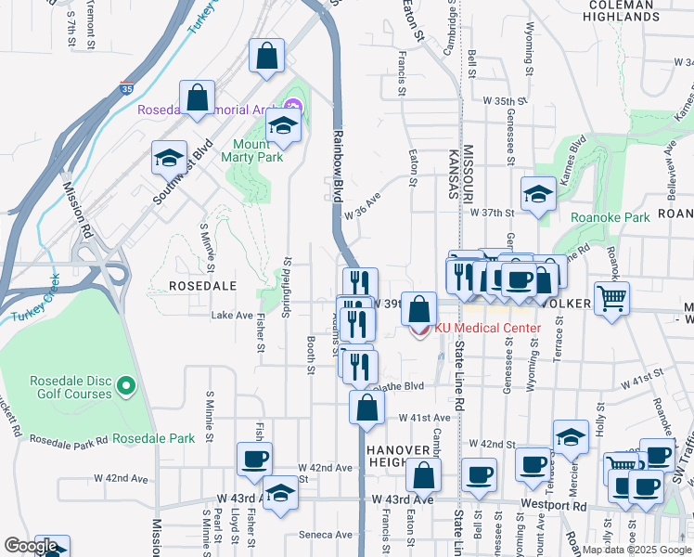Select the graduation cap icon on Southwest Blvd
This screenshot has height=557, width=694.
(x=169, y=158)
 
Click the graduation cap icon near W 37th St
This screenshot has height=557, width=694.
(x=538, y=194)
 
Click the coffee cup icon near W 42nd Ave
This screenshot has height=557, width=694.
(x=254, y=458)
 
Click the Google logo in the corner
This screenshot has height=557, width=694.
(x=31, y=546)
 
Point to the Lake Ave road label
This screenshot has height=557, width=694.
(x=232, y=316)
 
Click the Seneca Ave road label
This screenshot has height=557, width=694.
(x=326, y=535)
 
